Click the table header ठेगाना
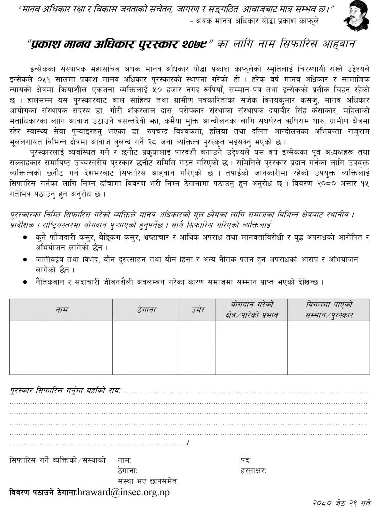click(x=146, y=310)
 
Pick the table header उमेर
click(x=197, y=310)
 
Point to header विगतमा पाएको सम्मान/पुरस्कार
click(x=329, y=310)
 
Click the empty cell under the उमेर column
click(x=197, y=347)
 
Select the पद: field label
click(x=245, y=459)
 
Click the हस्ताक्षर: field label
click(x=253, y=470)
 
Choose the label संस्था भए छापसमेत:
click(x=148, y=481)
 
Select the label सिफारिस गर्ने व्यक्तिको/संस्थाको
click(x=58, y=459)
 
